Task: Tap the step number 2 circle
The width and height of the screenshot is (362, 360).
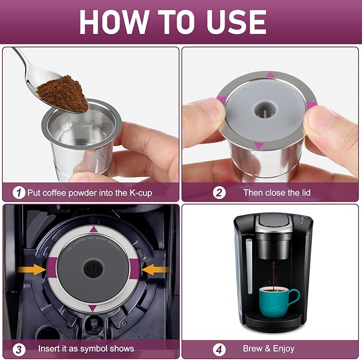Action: point(220,193)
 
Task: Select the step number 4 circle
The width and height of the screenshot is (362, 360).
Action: point(220,349)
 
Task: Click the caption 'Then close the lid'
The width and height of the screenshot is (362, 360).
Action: point(277,193)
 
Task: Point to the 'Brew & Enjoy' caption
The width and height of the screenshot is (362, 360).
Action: point(269,349)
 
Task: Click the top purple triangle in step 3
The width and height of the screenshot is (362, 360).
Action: point(92,229)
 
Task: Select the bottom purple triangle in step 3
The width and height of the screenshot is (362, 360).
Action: point(92,308)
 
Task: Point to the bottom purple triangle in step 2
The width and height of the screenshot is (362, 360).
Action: point(259,145)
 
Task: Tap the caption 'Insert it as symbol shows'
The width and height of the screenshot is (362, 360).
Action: point(86,349)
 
